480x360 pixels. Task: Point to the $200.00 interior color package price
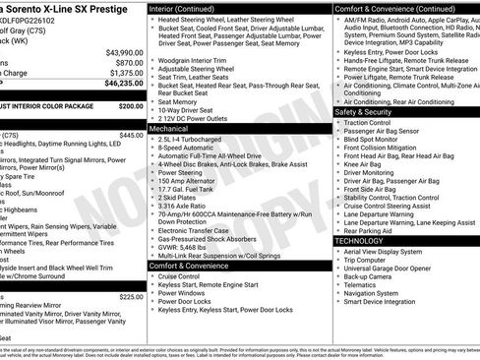(x=130, y=105)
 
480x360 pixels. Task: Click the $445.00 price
(x=130, y=135)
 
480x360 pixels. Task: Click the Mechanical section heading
(x=169, y=128)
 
